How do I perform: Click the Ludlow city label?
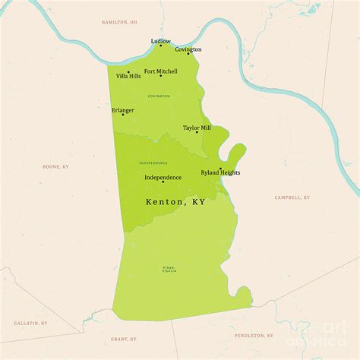click(160, 41)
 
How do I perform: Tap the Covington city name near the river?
click(188, 49)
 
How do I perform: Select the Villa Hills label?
click(128, 76)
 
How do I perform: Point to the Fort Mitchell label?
click(161, 71)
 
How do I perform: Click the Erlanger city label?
click(123, 110)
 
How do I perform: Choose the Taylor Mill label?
click(197, 128)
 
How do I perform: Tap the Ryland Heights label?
click(220, 173)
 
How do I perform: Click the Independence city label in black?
click(163, 177)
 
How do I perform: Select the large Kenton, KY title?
click(175, 203)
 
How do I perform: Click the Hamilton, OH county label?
click(120, 22)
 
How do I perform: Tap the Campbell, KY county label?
click(292, 197)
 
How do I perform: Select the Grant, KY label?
click(123, 339)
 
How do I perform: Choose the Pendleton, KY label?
click(254, 335)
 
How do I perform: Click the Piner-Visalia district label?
click(169, 270)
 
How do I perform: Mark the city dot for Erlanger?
click(123, 115)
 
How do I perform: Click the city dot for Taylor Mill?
click(197, 132)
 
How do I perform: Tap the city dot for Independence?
click(163, 182)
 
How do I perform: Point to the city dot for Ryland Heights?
click(220, 169)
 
